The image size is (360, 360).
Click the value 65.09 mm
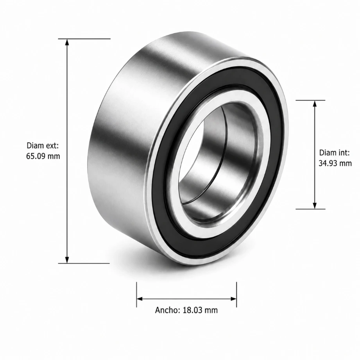pyautogui.click(x=43, y=156)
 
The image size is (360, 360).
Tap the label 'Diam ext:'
pyautogui.click(x=43, y=145)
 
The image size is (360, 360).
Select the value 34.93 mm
pyautogui.click(x=335, y=163)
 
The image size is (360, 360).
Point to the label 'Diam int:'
pyautogui.click(x=334, y=153)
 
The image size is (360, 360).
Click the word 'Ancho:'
pyautogui.click(x=168, y=310)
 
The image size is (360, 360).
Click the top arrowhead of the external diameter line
pyautogui.click(x=67, y=42)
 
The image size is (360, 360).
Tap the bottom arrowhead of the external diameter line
pyautogui.click(x=67, y=260)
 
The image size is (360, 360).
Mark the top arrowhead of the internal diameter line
pyautogui.click(x=315, y=104)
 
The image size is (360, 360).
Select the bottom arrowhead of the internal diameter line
pyautogui.click(x=315, y=206)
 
